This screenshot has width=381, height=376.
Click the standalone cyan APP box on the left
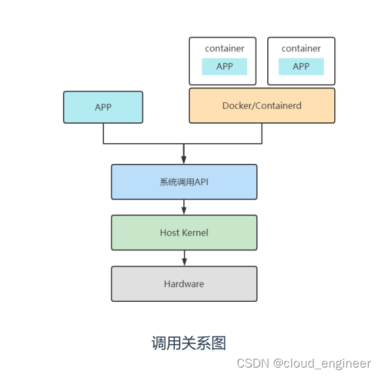103,107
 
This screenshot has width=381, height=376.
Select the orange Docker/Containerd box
262,105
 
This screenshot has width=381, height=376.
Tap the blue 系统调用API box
184,181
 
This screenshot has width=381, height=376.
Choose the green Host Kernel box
184,232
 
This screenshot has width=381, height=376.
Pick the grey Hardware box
184,284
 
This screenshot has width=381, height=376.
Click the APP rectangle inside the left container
224,66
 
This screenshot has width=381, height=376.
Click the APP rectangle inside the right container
301,66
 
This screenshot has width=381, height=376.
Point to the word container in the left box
224,48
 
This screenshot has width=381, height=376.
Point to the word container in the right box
301,48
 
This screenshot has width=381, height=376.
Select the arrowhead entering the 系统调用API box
184,160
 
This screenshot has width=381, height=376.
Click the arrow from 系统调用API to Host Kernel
184,207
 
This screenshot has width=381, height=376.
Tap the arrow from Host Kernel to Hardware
184,258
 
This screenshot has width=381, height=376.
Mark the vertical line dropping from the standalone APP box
103,133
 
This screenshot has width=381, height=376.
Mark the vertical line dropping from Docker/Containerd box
262,133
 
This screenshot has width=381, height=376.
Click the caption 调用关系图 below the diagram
189,343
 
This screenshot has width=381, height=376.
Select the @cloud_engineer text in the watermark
322,363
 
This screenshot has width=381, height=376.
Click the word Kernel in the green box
195,232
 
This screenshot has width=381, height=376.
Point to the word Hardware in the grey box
184,284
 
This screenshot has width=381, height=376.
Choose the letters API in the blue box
201,181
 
